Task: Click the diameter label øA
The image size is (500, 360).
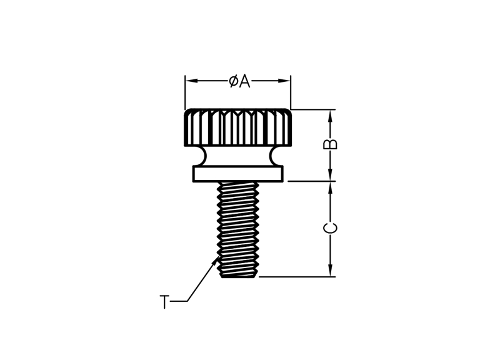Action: pos(239,81)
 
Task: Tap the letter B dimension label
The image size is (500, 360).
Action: pos(331,144)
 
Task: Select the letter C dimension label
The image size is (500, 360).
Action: pos(331,228)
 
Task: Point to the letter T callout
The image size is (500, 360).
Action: pos(164,302)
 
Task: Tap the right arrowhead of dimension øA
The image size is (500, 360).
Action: pos(284,81)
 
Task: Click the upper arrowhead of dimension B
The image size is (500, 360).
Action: pos(331,116)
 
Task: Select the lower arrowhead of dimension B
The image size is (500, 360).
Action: pos(331,175)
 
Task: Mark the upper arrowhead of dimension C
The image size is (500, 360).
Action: pos(331,187)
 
